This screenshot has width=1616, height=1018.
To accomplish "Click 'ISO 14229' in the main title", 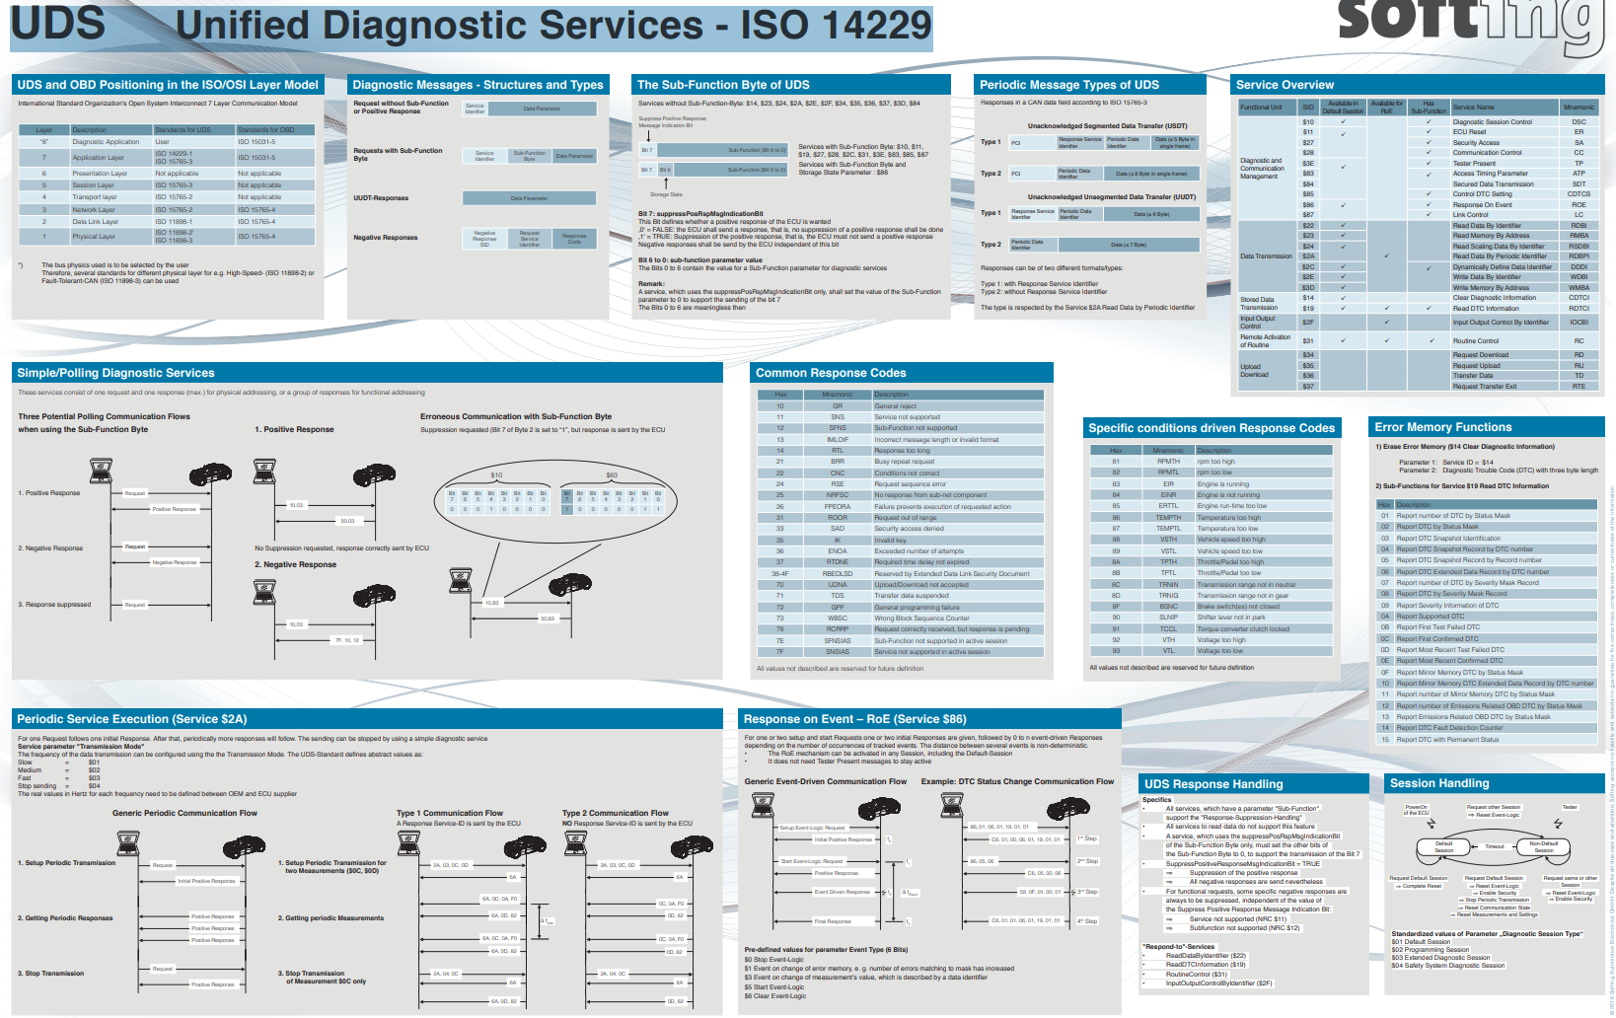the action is [837, 26].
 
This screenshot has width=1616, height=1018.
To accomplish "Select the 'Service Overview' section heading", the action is [1285, 85].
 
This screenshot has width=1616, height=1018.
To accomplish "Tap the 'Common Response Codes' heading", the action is [831, 373].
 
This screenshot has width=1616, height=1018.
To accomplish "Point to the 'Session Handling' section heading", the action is [1439, 783].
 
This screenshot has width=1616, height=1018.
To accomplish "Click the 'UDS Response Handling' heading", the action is [1213, 784].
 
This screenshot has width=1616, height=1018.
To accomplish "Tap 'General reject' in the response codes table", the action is [895, 406].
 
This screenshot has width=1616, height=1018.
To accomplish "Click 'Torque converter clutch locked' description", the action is [1243, 628].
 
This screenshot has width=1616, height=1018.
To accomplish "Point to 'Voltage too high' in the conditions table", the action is [1221, 639].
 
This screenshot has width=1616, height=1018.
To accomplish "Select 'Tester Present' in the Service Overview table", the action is [1474, 164].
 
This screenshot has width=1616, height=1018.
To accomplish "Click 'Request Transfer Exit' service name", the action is [1484, 386].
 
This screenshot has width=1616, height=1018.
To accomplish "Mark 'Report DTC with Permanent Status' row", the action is [1447, 739].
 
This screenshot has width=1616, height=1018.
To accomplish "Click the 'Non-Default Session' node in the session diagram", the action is [1543, 846].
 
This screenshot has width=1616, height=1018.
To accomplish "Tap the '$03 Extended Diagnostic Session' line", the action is [1440, 958].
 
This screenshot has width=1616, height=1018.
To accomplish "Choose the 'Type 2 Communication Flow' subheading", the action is [615, 814].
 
